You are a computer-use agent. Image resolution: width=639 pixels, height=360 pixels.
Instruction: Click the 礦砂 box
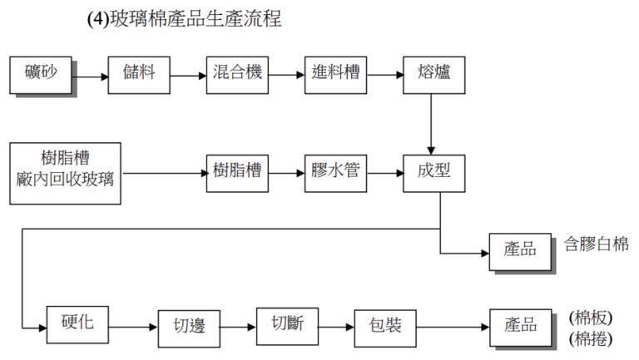(41, 74)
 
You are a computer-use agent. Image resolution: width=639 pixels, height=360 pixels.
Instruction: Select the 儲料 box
(139, 74)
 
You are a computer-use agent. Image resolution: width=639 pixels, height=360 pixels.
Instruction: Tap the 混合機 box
(237, 74)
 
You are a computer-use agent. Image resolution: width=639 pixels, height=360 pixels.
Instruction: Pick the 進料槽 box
(335, 74)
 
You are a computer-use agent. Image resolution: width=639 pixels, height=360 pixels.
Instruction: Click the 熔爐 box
(433, 74)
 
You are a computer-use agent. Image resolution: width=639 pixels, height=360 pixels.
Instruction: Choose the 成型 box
(433, 173)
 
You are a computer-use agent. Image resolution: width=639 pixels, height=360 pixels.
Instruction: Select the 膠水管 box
(335, 173)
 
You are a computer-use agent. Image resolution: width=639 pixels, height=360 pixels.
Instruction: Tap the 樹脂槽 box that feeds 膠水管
(237, 173)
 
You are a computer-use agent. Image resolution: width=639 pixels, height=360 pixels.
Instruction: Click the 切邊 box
(188, 327)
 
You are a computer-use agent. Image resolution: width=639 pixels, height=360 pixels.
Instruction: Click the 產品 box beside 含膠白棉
(520, 251)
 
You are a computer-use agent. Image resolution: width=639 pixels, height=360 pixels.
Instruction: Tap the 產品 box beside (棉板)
(520, 327)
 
